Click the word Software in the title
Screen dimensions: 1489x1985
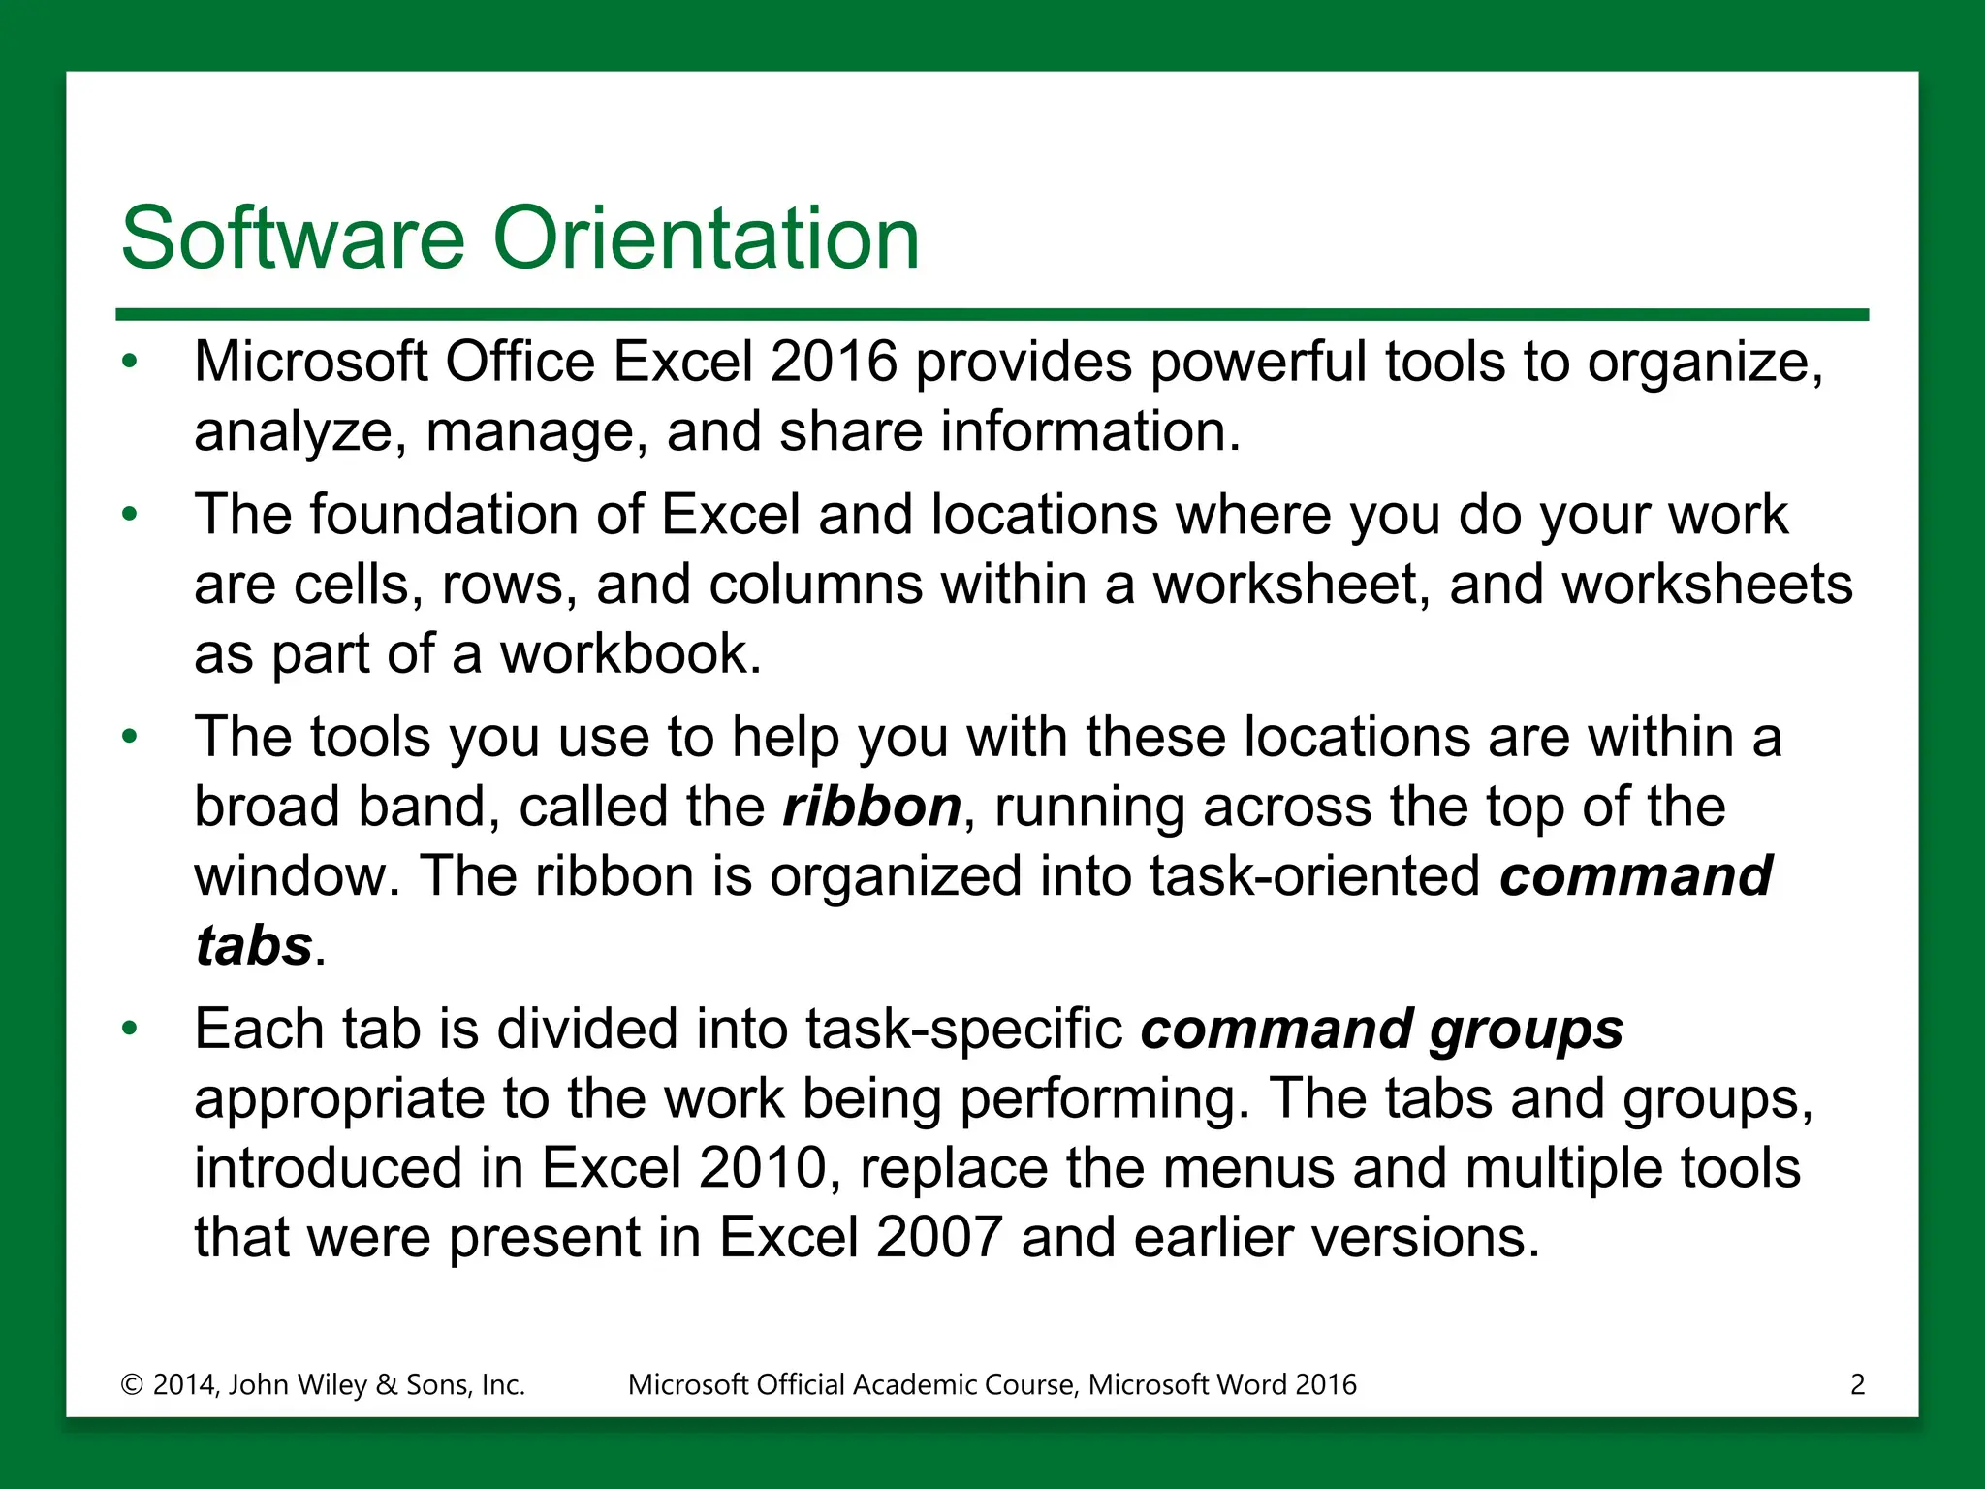(293, 238)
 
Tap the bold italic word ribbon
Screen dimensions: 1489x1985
(871, 808)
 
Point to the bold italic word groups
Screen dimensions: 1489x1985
(1527, 1030)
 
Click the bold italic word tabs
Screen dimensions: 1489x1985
(254, 945)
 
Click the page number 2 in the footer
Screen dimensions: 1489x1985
(1857, 1384)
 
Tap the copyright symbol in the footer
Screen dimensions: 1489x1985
(132, 1384)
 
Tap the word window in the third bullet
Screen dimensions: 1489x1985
(289, 877)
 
